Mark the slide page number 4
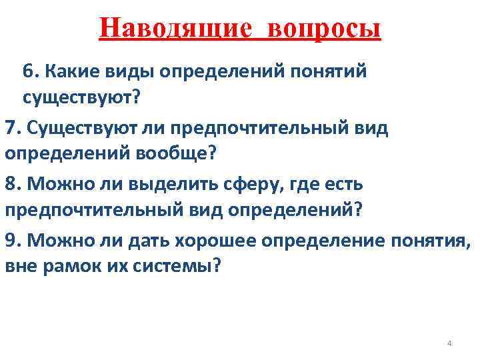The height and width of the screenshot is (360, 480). click(449, 343)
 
